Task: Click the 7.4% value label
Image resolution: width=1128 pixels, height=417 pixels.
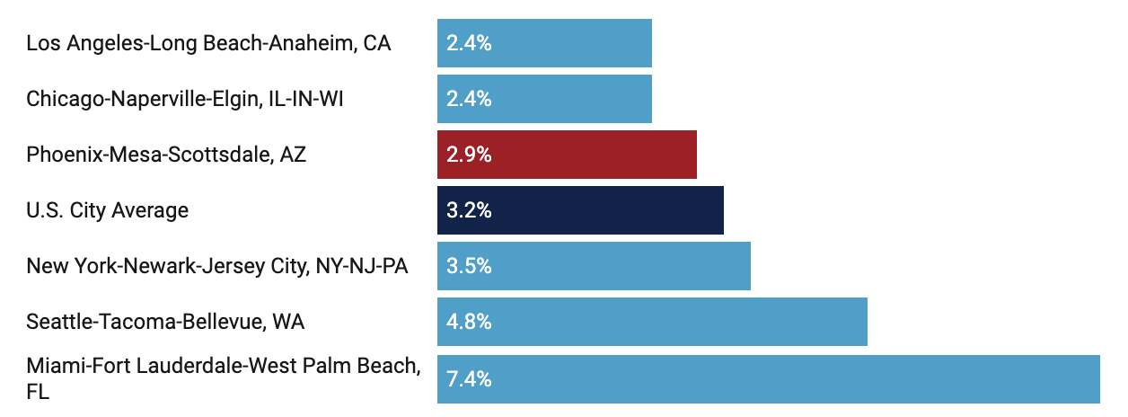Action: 469,378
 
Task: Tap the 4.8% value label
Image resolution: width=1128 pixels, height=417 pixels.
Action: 469,322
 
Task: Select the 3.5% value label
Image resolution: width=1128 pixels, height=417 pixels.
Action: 469,266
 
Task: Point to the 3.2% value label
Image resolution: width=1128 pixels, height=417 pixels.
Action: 469,210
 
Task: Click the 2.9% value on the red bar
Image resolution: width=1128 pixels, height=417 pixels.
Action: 469,155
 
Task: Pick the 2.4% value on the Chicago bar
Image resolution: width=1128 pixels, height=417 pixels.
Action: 469,99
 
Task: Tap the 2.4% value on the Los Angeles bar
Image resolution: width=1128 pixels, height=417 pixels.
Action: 469,43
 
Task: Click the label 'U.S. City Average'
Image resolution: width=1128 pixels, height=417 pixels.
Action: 108,210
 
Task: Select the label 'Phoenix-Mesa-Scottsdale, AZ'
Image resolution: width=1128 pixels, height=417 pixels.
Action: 166,155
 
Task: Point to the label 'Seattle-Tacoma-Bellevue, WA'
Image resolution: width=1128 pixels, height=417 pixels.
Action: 165,322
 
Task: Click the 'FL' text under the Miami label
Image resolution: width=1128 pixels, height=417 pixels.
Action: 38,392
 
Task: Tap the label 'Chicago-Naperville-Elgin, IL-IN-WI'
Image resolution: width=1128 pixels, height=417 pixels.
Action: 185,99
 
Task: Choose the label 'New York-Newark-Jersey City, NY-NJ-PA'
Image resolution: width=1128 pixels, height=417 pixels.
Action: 217,266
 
